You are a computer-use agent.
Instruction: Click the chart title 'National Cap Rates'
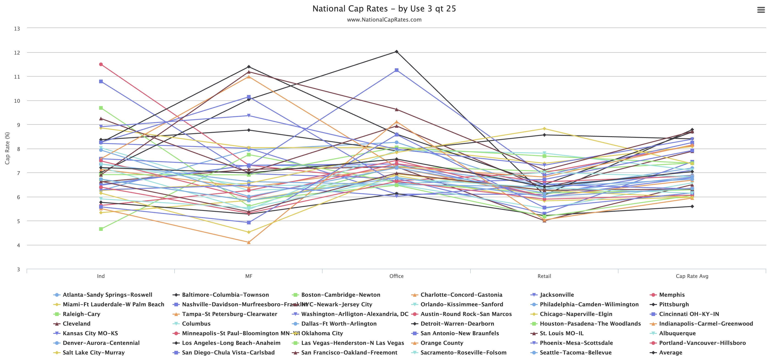point(384,9)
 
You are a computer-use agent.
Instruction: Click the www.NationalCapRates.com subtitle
point(384,20)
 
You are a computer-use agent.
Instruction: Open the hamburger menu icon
point(761,10)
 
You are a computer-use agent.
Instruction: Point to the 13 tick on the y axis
point(17,29)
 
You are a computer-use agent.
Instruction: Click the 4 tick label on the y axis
point(18,245)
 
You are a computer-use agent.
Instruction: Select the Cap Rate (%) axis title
point(7,148)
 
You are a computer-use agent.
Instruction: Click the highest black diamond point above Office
point(396,52)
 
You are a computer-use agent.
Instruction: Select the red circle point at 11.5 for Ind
point(101,64)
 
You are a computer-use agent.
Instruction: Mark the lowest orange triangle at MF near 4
point(249,242)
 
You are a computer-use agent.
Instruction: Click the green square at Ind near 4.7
point(101,229)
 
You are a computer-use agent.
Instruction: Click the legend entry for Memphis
point(672,295)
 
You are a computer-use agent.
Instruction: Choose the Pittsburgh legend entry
point(674,304)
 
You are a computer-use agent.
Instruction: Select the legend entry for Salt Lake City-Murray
point(94,353)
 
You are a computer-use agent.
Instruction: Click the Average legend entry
point(671,353)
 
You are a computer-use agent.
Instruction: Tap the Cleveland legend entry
point(76,324)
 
